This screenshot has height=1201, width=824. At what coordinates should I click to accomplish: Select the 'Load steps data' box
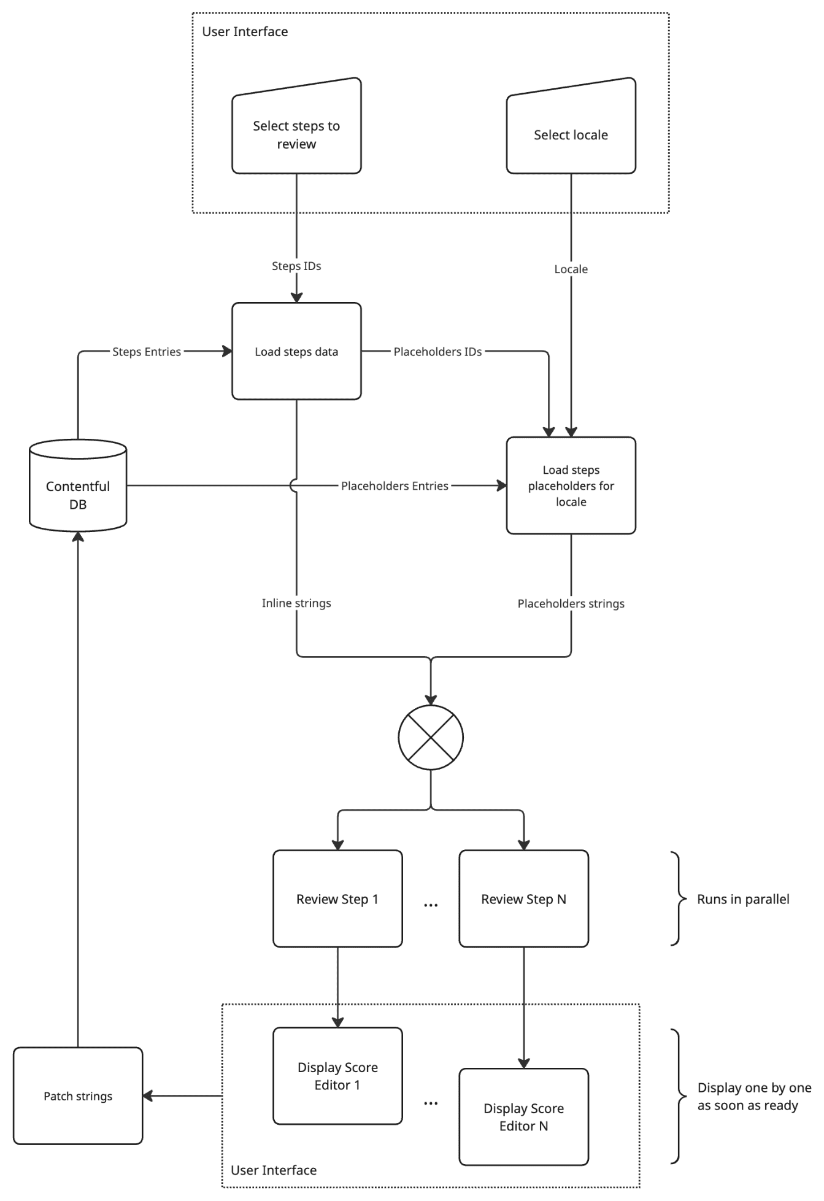296,351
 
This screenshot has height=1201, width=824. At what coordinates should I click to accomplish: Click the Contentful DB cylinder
78,485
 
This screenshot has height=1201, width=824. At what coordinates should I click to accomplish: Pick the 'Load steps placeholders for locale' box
571,485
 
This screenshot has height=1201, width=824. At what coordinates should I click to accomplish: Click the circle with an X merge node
431,737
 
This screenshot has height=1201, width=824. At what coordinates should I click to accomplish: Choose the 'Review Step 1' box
337,898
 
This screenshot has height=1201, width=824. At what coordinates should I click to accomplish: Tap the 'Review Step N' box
524,898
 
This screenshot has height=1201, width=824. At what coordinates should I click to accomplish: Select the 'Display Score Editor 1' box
337,1076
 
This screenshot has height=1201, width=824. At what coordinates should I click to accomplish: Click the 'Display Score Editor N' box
524,1117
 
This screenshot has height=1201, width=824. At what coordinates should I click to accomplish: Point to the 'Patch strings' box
78,1096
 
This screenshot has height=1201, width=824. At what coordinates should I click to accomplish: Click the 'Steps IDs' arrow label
296,266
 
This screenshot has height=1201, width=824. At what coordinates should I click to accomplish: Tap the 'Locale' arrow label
571,269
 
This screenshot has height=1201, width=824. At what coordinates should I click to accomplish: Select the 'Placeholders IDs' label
437,352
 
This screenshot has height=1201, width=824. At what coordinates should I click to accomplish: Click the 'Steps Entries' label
147,352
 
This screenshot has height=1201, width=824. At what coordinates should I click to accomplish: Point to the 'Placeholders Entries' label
395,485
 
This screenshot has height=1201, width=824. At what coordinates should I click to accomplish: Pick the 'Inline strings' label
296,603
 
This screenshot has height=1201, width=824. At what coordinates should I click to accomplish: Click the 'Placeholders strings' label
571,603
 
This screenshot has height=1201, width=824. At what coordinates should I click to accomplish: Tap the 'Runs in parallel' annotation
743,899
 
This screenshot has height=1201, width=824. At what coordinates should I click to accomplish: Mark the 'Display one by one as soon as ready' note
754,1096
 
